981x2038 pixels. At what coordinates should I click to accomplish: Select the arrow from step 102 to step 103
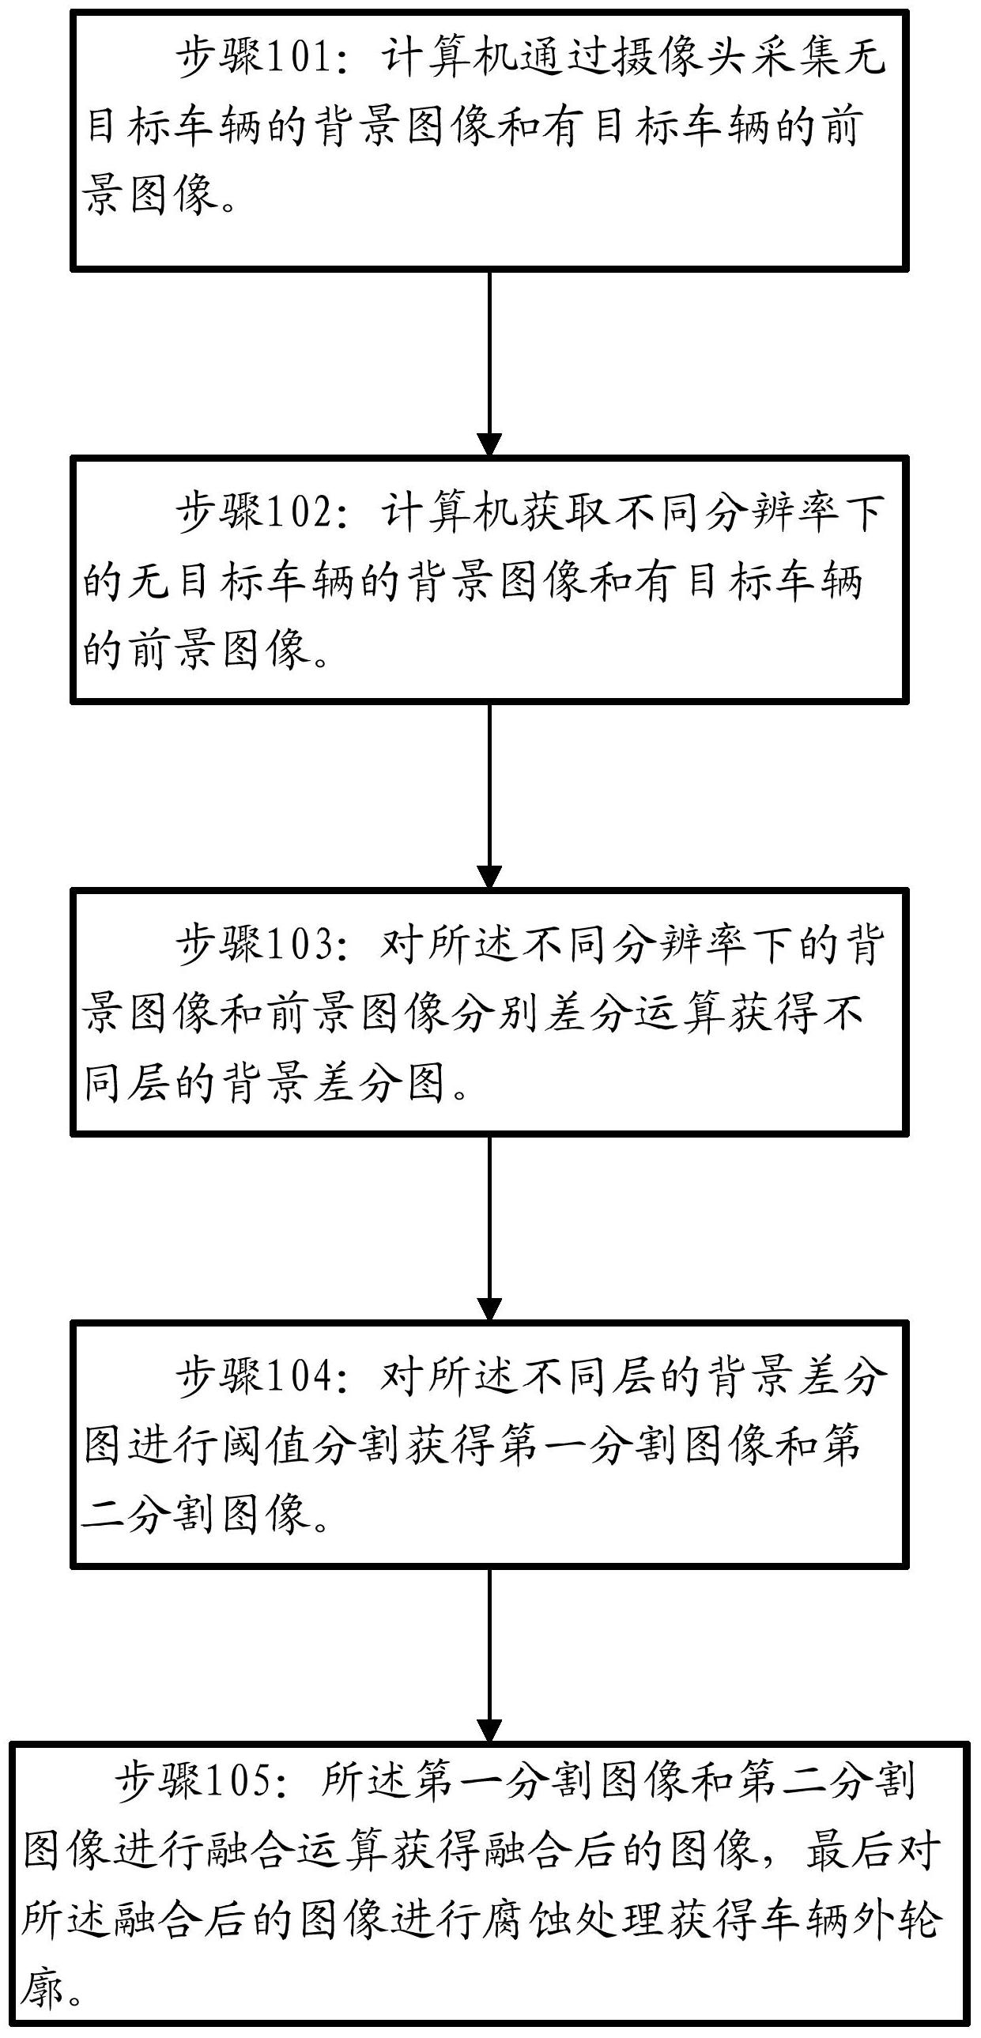489,795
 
